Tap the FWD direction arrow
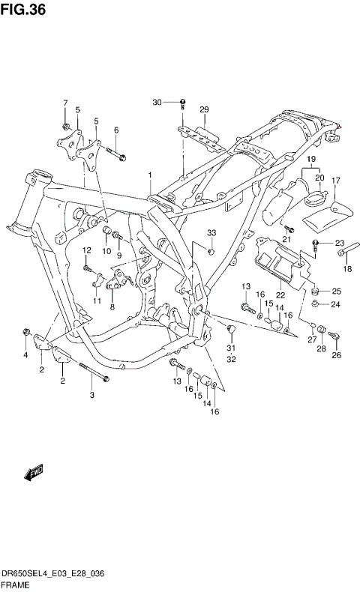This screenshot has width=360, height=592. tap(34, 473)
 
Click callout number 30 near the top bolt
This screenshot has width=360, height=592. tap(157, 102)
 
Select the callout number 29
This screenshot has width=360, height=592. tap(203, 110)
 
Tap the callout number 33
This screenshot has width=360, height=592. tap(211, 233)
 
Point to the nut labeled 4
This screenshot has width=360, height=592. tap(27, 331)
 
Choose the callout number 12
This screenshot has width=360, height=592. tap(86, 250)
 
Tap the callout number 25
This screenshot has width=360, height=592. tap(336, 291)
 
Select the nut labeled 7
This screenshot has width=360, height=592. tap(67, 125)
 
